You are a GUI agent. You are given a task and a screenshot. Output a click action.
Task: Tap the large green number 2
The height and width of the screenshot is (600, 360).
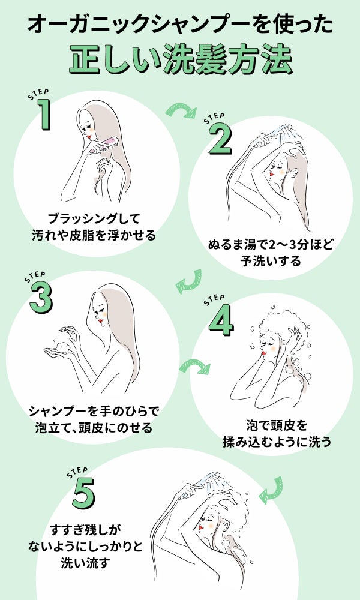tap(220, 140)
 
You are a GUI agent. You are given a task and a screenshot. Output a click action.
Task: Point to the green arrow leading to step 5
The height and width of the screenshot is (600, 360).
tap(271, 488)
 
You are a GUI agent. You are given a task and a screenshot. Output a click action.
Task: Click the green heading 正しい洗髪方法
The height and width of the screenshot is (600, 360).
tap(180, 58)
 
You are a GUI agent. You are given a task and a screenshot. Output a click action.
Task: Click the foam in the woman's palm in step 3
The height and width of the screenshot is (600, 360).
tap(62, 346)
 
